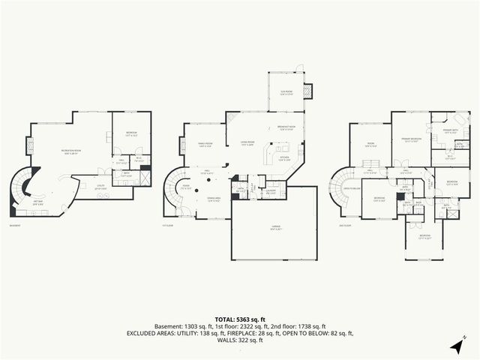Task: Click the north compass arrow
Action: click(457, 346)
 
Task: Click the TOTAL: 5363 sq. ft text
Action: click(240, 319)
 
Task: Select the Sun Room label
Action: click(286, 92)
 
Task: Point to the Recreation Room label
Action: click(71, 151)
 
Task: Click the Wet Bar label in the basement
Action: click(37, 204)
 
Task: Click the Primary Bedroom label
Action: click(411, 139)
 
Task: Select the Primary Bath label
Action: click(450, 130)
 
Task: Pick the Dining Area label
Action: click(213, 199)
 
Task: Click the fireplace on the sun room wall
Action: click(307, 91)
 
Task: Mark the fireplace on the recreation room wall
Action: click(30, 145)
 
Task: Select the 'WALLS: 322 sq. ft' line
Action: click(240, 340)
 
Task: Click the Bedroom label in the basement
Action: click(131, 135)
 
